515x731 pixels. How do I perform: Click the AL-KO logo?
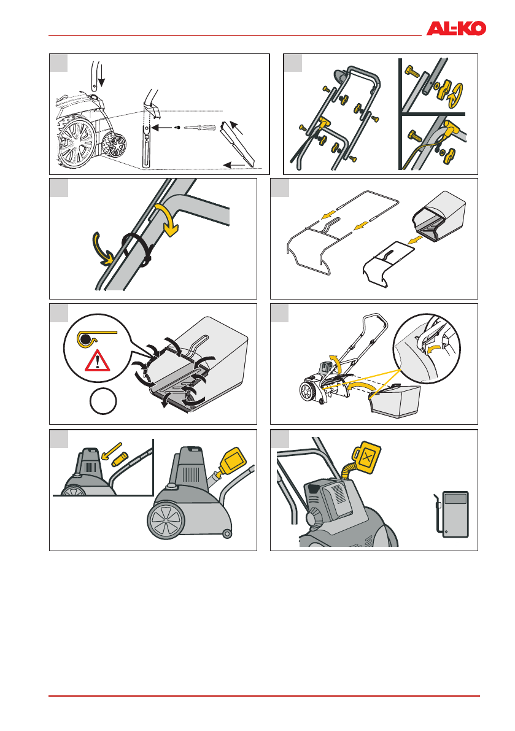click(456, 28)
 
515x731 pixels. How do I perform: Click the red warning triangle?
click(98, 360)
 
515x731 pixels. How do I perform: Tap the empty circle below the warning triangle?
click(103, 401)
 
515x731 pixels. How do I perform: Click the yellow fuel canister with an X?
click(367, 458)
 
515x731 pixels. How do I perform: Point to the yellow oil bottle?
click(232, 460)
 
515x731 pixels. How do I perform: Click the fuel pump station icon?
click(452, 514)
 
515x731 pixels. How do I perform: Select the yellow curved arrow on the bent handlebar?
click(168, 219)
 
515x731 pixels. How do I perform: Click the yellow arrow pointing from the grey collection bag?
click(414, 241)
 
